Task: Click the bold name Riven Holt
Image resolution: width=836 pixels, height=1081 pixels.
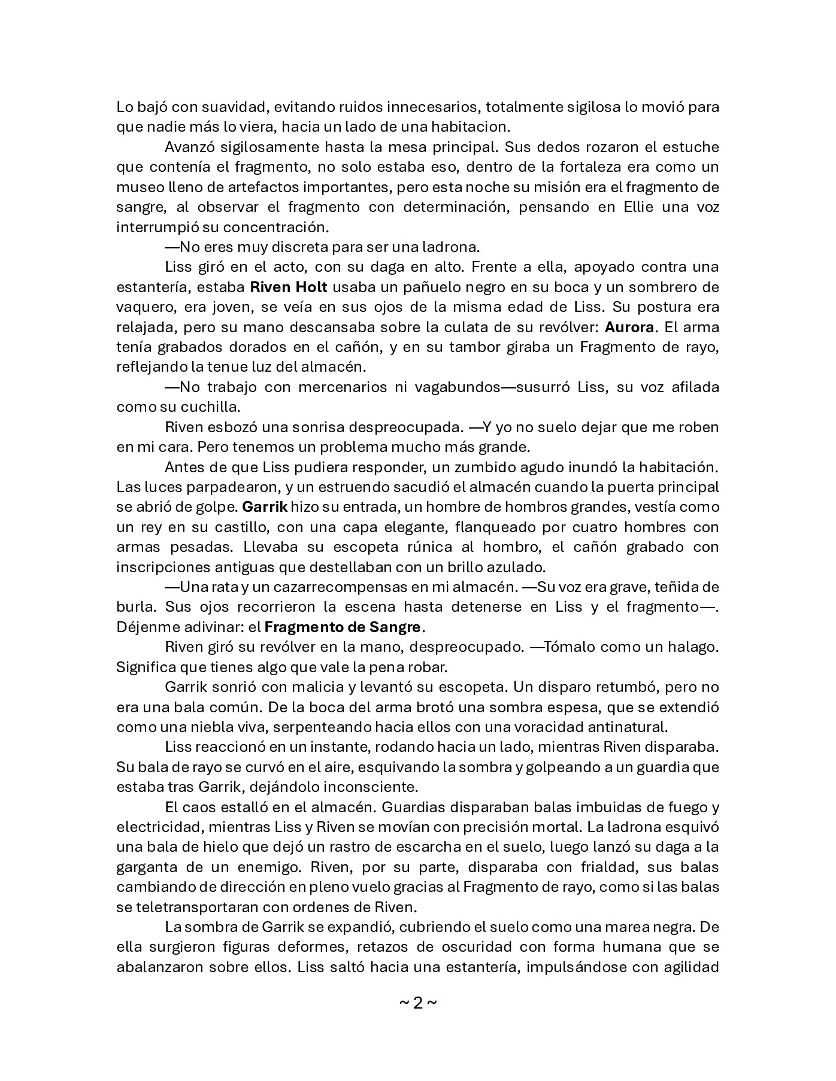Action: [x=288, y=287]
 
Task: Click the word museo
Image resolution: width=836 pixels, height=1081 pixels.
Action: [x=137, y=187]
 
